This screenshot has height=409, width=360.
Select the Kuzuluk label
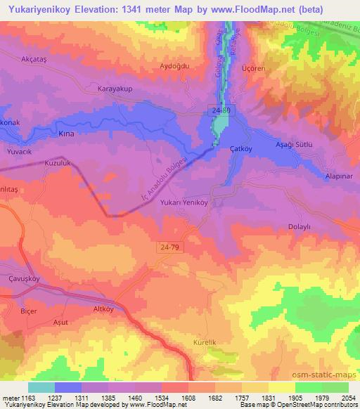pyautogui.click(x=58, y=162)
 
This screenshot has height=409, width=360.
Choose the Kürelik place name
pyautogui.click(x=207, y=342)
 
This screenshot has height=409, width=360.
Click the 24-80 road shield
pyautogui.click(x=220, y=112)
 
